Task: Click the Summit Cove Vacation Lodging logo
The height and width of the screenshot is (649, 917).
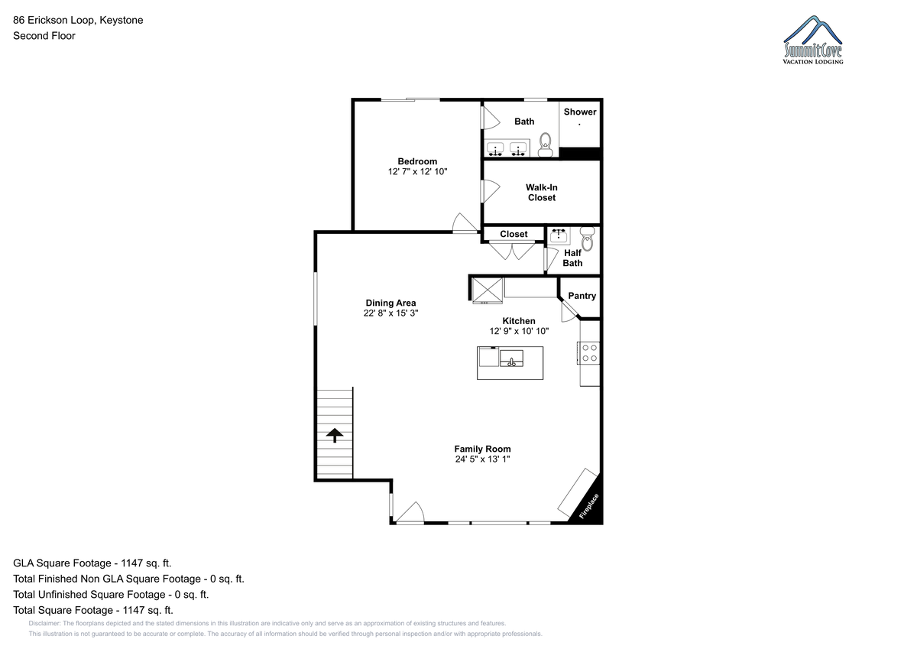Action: click(813, 40)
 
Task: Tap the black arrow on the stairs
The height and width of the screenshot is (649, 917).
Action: click(335, 435)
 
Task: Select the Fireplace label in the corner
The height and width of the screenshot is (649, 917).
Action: click(588, 507)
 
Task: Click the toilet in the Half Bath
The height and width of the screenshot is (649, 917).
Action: click(587, 239)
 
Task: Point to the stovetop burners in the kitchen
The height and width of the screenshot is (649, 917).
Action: click(589, 353)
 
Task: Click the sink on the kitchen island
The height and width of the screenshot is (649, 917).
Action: click(511, 359)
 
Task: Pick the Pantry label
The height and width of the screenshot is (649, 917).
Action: click(582, 296)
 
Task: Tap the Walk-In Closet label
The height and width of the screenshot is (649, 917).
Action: click(542, 193)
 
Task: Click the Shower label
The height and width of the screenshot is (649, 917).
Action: click(580, 112)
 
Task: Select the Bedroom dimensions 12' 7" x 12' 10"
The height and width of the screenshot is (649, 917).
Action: click(417, 171)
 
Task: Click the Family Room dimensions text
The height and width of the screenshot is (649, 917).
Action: click(482, 459)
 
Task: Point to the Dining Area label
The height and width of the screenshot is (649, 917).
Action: click(390, 303)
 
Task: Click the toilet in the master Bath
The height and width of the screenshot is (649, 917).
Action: click(545, 144)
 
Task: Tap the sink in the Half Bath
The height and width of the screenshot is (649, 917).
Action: click(559, 235)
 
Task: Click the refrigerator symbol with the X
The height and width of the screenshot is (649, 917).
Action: click(488, 290)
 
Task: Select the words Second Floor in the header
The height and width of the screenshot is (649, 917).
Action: click(44, 36)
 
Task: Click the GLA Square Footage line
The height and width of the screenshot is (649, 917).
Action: click(92, 563)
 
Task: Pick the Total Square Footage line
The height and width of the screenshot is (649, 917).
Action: click(93, 611)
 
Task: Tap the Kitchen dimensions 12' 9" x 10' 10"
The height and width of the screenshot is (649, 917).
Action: click(519, 331)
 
